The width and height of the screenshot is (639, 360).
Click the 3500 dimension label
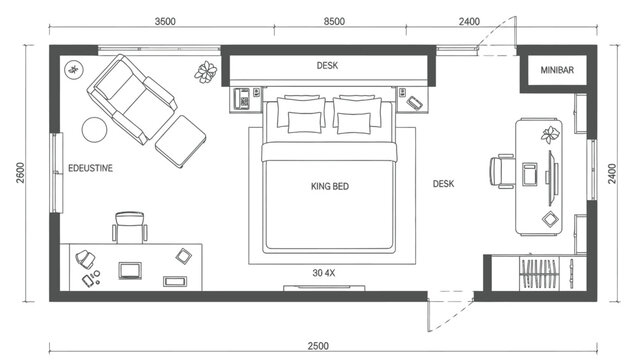(173, 20)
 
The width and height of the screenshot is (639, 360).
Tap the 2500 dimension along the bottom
(319, 345)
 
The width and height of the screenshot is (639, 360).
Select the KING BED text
(330, 186)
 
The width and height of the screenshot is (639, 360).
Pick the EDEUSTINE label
(90, 168)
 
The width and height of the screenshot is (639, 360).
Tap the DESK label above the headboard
(328, 66)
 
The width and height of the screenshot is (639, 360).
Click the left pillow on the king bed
(305, 122)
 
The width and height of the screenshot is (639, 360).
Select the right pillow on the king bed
(353, 122)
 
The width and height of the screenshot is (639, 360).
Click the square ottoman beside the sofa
(181, 141)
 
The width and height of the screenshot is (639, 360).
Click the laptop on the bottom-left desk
(130, 269)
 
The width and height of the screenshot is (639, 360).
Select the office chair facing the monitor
(503, 172)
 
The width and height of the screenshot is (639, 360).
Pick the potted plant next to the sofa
(206, 71)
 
